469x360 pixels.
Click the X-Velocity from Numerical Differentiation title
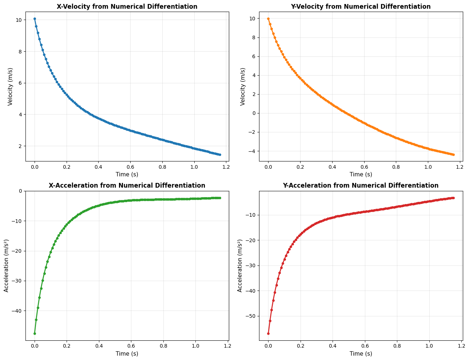pos(127,7)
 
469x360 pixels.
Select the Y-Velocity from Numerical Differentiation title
pos(361,7)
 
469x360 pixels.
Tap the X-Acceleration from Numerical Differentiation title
pos(127,185)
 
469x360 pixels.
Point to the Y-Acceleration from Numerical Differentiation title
pos(361,185)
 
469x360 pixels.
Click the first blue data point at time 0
pos(35,19)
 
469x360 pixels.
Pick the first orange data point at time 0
pos(268,19)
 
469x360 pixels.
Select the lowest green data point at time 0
pos(35,333)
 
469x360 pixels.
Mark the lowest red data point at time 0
pos(268,333)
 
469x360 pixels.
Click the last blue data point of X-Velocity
pos(220,155)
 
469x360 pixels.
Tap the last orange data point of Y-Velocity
pos(453,155)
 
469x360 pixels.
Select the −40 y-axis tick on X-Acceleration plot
pos(16,311)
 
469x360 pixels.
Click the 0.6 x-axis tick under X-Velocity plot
pos(130,167)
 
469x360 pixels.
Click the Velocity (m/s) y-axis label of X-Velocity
pos(10,87)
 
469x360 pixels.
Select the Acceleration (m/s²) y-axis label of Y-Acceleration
pos(240,265)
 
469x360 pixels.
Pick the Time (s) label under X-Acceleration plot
pos(127,353)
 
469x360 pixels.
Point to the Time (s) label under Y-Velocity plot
pos(361,175)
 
